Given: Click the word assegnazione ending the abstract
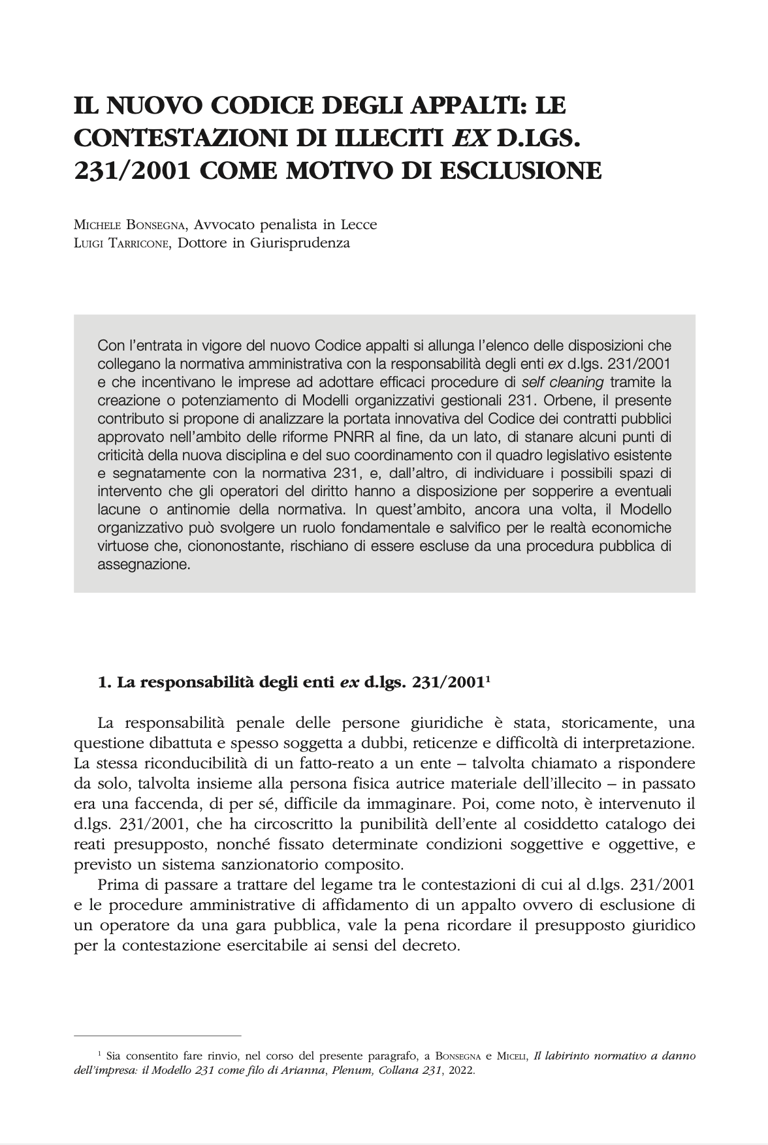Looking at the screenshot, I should (143, 565).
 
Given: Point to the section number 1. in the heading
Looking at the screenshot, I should (104, 683).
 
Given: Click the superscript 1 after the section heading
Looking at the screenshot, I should (488, 679).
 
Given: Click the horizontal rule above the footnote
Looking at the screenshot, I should (157, 1035).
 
